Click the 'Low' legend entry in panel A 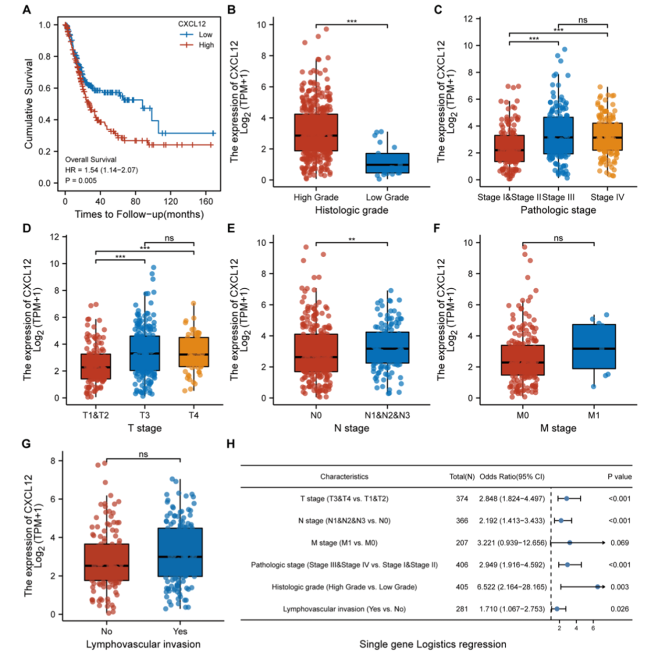205,34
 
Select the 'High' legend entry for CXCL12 206,45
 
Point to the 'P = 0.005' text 81,180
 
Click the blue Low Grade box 387,163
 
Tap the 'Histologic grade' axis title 351,210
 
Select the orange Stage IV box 607,137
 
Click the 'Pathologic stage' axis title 558,210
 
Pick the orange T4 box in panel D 193,352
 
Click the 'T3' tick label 145,415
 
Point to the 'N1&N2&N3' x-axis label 387,415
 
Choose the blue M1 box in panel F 594,347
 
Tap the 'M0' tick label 522,415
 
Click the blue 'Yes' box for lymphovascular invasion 180,552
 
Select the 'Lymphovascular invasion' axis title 143,644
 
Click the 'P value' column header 619,476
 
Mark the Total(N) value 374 462,499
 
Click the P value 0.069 619,543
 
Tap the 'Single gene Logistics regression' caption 433,644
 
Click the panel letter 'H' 231,444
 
